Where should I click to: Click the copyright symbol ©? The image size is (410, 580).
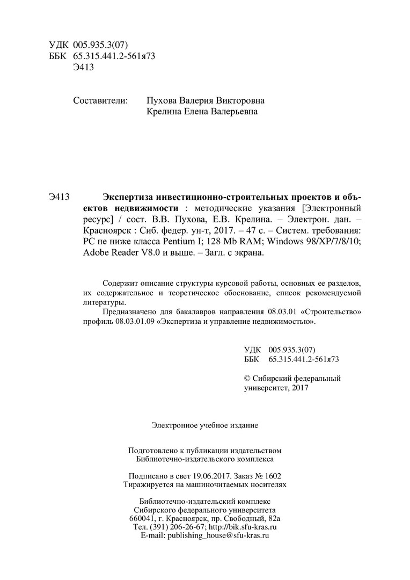pyautogui.click(x=247, y=378)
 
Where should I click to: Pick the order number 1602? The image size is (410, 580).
pyautogui.click(x=272, y=475)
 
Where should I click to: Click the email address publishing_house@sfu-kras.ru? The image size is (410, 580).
pyautogui.click(x=218, y=535)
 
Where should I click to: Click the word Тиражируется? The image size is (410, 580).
pyautogui.click(x=148, y=484)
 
